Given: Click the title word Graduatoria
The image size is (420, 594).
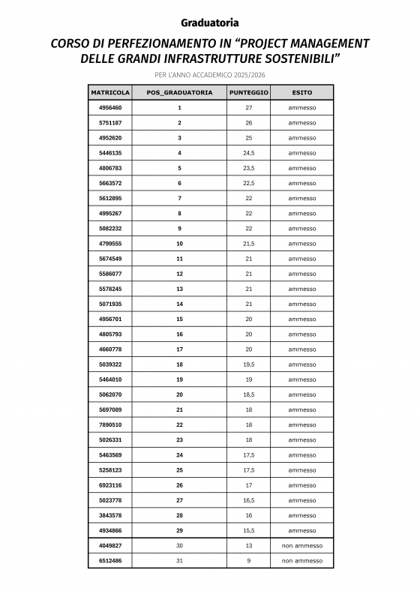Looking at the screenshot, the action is coord(210,22).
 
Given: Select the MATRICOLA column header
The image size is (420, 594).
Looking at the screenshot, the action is coord(110,92).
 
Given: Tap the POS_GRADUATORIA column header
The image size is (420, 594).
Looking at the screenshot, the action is coord(179,92).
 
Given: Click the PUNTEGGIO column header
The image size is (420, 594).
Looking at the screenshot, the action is coord(248,92).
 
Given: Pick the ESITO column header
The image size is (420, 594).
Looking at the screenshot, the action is coord(302,92).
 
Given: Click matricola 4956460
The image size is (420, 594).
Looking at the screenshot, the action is coord(110,108).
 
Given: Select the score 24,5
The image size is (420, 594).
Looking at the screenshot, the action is coord(248,153).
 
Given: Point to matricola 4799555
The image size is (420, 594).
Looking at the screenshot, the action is coord(110,244).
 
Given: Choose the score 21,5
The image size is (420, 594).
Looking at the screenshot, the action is coord(248,244).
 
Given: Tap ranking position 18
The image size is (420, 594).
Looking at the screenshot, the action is coord(179,364).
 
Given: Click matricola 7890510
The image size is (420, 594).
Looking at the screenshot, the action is coord(110,424).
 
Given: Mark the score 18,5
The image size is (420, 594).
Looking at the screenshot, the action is coord(248,394).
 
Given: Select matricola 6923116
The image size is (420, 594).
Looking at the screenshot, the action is coord(110,485).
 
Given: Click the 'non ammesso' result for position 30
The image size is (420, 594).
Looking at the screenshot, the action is coord(302,545).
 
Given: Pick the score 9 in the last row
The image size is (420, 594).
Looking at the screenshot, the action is coord(248,560).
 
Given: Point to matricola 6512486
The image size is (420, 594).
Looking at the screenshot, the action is coord(110,560).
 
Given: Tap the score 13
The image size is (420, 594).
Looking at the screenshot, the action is coord(248,545).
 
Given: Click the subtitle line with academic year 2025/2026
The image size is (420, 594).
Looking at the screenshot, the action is coord(210,74).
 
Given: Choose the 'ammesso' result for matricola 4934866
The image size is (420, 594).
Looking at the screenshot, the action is coord(302,530).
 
